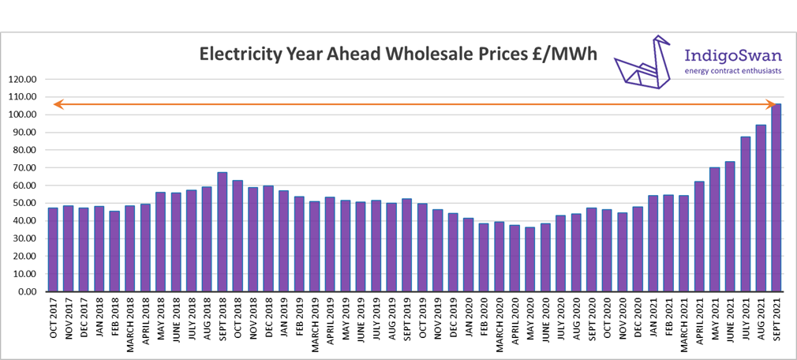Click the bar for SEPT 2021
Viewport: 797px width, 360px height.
776,197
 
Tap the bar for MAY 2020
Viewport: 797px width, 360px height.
530,260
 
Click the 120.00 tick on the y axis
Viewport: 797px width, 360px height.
24,79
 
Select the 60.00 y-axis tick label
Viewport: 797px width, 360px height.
25,186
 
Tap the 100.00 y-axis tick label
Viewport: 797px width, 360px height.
24,114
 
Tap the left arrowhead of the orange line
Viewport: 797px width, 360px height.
57,104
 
